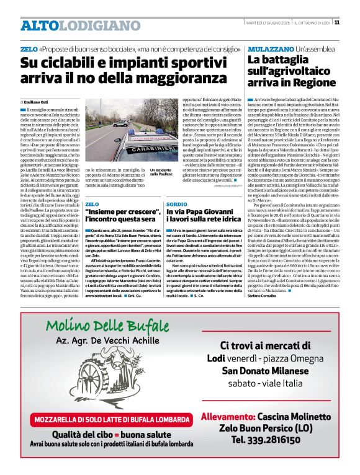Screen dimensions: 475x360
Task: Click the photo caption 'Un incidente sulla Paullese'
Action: click(x=162, y=172)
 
